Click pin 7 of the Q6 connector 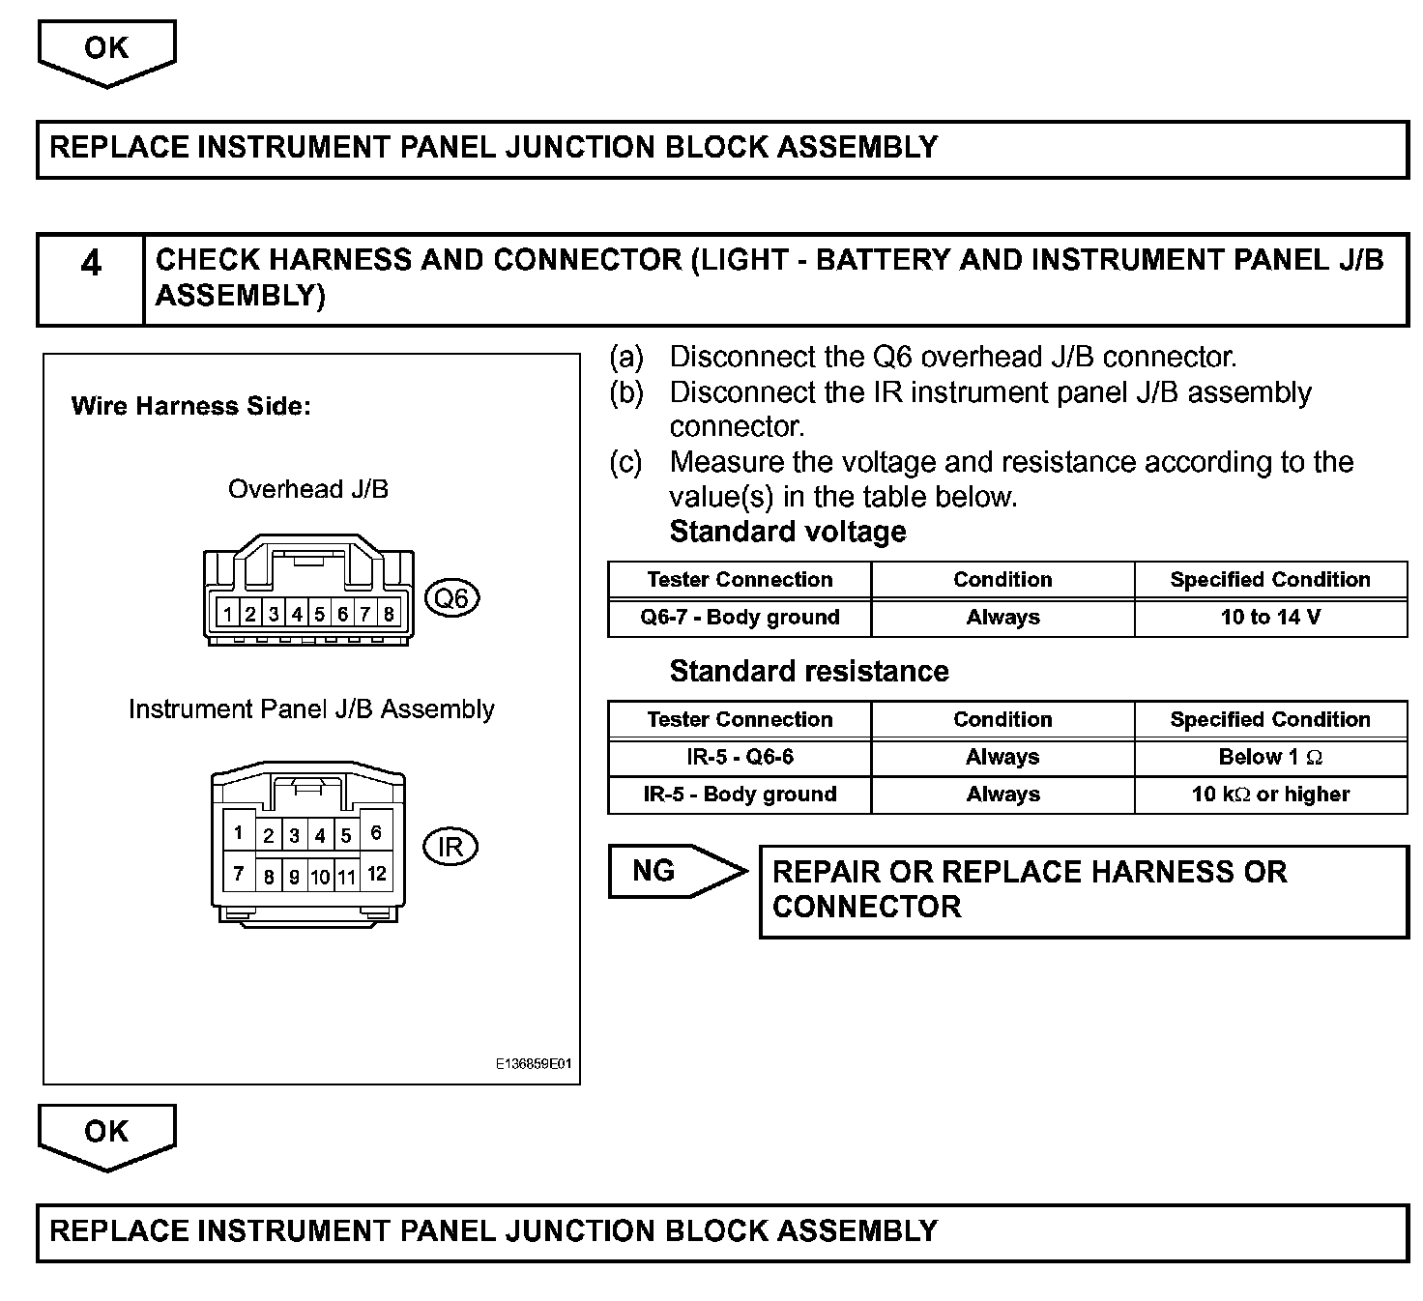[x=365, y=614]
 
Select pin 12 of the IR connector [x=377, y=874]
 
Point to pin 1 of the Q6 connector [x=227, y=614]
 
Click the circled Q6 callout [x=451, y=598]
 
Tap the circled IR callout [x=450, y=848]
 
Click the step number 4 [x=91, y=264]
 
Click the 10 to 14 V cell [x=1270, y=618]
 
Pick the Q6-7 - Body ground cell [x=740, y=618]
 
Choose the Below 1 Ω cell [x=1270, y=757]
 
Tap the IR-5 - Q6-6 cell [x=740, y=757]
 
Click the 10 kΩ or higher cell [x=1270, y=795]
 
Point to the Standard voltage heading [x=788, y=532]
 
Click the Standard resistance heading [x=809, y=672]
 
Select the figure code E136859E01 [x=534, y=1064]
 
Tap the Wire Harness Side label [x=191, y=406]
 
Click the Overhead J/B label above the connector [x=308, y=489]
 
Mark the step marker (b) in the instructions [x=625, y=392]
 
